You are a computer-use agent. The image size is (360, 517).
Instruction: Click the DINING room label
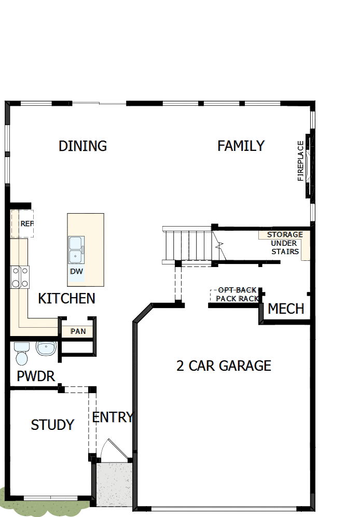coord(82,146)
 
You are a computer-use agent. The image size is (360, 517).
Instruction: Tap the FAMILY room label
coord(241,146)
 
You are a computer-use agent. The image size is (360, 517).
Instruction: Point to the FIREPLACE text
coord(301,161)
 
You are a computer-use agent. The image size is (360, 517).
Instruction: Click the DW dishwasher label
coord(76,271)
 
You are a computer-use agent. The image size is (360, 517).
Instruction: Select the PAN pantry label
coord(78,331)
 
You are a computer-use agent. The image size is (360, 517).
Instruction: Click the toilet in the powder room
coord(21,354)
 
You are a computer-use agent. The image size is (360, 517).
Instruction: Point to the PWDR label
coord(36,376)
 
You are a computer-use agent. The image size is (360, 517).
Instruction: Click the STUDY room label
coord(52,425)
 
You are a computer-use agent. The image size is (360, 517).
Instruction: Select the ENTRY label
coord(112,417)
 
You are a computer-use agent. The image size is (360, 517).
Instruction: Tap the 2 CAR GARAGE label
coord(224,366)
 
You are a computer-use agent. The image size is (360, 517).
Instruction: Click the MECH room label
coord(286,309)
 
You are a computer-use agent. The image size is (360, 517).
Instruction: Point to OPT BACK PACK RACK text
coord(237,295)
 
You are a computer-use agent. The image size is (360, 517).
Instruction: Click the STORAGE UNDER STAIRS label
coord(285,243)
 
